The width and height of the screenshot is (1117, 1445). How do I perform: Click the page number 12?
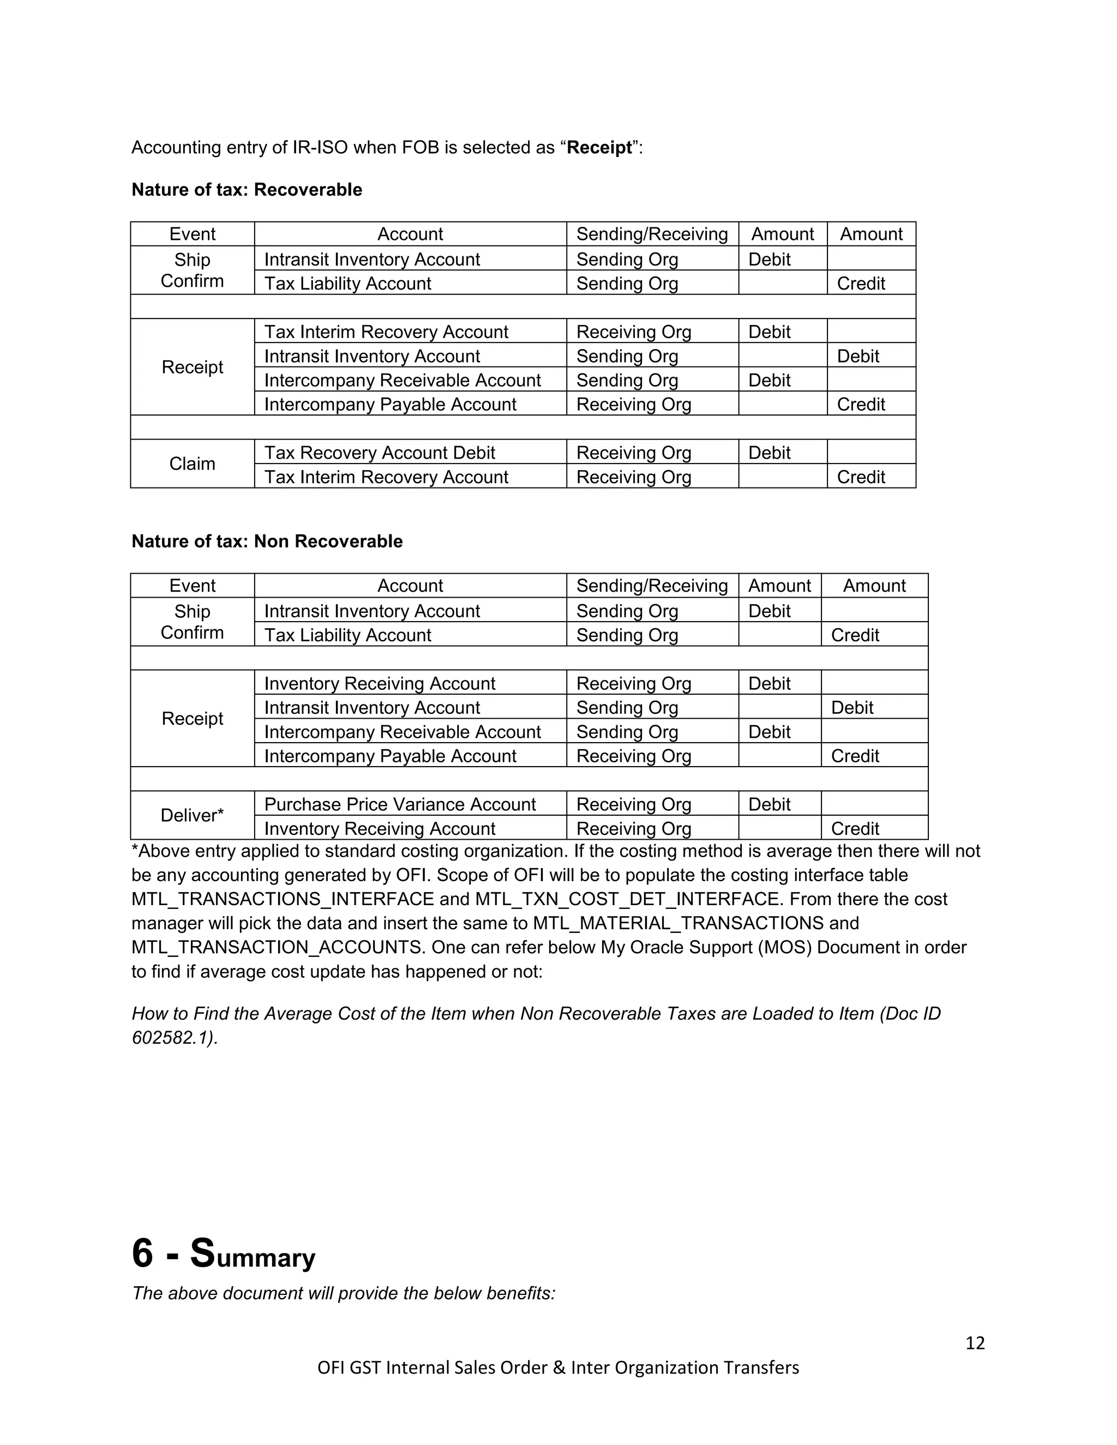pos(975,1342)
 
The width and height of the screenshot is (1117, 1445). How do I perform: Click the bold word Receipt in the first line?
pos(599,148)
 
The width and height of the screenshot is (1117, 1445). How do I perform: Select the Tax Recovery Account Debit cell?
pos(379,453)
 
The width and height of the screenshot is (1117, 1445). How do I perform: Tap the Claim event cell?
pos(192,464)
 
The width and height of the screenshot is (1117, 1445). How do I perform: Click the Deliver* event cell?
pos(192,815)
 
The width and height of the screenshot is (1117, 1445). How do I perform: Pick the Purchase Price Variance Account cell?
pos(400,804)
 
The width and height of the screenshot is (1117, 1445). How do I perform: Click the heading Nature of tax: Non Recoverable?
pos(267,541)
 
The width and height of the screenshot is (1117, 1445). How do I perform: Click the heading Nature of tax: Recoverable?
pos(247,190)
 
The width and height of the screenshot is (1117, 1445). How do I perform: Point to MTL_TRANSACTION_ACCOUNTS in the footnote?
pos(277,948)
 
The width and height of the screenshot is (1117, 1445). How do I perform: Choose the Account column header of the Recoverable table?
pos(410,234)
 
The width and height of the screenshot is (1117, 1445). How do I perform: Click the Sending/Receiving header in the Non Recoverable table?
pos(652,586)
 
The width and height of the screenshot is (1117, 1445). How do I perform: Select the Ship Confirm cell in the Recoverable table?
pos(192,270)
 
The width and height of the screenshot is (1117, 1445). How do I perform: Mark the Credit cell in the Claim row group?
pos(860,477)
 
